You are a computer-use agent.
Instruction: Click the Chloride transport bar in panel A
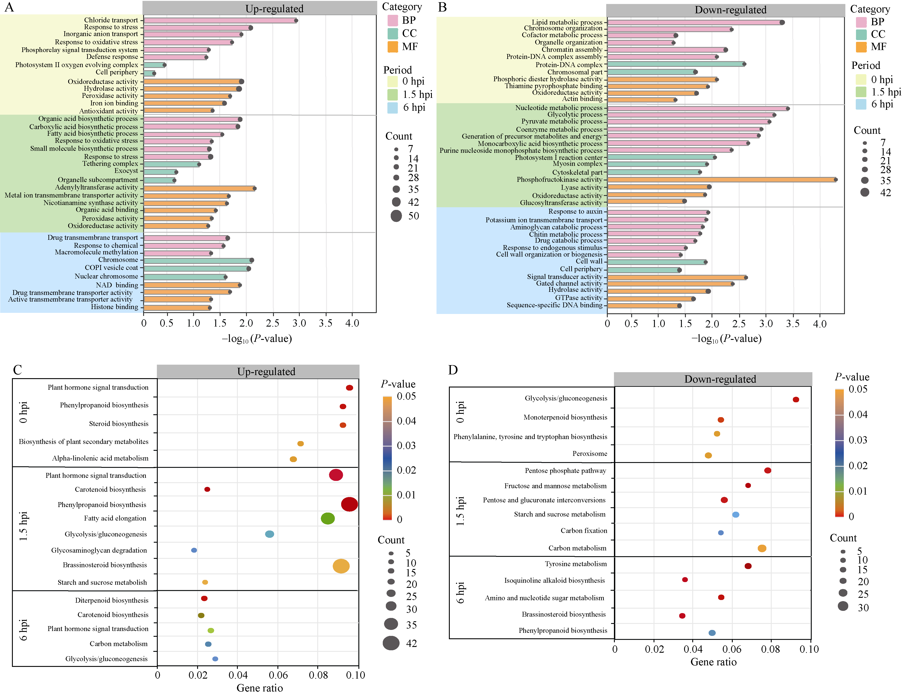pyautogui.click(x=220, y=20)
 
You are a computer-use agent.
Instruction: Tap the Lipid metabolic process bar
pyautogui.click(x=694, y=22)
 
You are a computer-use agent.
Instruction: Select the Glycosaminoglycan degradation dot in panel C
pyautogui.click(x=194, y=550)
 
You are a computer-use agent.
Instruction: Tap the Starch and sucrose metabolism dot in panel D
pyautogui.click(x=736, y=514)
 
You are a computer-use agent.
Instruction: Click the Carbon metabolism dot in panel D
pyautogui.click(x=762, y=548)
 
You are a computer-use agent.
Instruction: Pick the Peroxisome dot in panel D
pyautogui.click(x=708, y=455)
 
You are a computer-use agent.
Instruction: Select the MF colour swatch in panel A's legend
pyautogui.click(x=393, y=47)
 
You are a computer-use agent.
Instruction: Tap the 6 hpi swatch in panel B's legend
pyautogui.click(x=861, y=104)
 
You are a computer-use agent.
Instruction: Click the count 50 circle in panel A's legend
pyautogui.click(x=396, y=216)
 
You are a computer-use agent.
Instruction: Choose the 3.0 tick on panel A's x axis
pyautogui.click(x=299, y=323)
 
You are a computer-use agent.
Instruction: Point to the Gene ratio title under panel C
pyautogui.click(x=259, y=688)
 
